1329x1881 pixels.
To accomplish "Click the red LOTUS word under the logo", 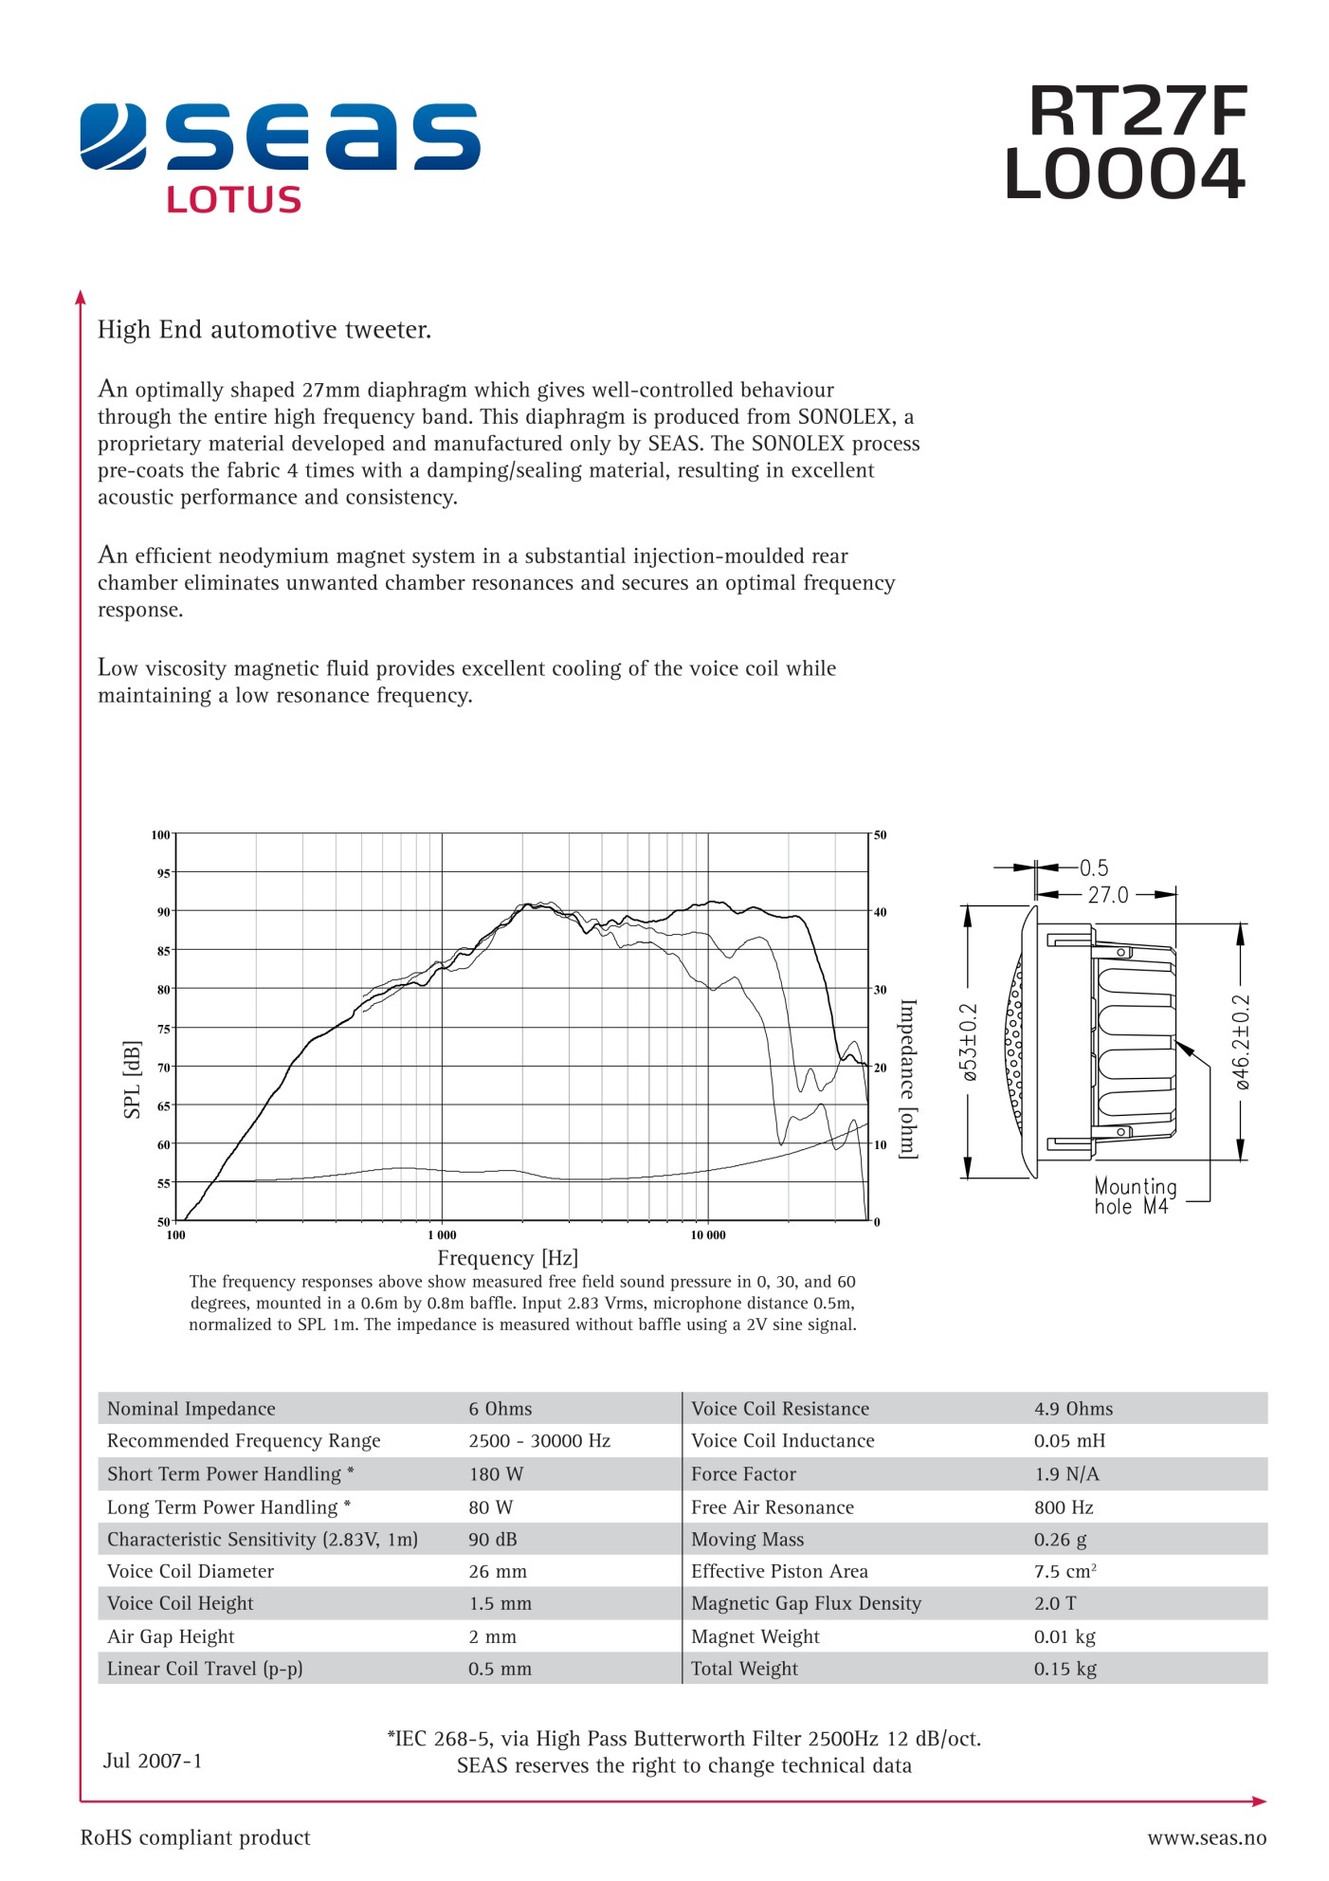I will [233, 199].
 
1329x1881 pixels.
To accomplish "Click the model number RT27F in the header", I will [1138, 112].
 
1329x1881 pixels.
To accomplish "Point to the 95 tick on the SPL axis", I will [164, 873].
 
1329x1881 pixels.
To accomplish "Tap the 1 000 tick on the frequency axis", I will [442, 1235].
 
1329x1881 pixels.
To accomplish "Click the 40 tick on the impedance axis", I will [881, 912].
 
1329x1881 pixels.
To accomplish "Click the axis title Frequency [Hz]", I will [507, 1258].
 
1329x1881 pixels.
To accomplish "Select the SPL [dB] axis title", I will [132, 1079].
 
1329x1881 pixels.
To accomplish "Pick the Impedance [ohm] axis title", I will [908, 1078].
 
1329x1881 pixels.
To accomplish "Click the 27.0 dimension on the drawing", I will [1108, 895].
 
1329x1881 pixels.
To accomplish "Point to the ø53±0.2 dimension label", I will [969, 1043].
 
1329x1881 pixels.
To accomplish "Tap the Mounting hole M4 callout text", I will [1135, 1196].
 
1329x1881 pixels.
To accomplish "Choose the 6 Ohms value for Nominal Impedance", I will [500, 1409].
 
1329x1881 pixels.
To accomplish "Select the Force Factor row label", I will [743, 1474].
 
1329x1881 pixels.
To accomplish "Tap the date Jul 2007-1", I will [153, 1761].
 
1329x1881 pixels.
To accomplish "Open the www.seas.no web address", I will [1206, 1838].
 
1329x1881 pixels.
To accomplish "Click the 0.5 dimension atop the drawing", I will [1094, 867].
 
